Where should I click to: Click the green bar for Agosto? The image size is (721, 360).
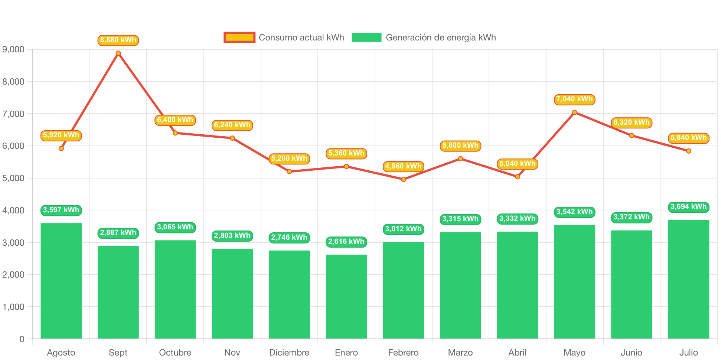coord(61,281)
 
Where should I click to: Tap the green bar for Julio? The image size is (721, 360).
coord(688,279)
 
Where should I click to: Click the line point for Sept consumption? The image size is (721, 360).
coord(118,53)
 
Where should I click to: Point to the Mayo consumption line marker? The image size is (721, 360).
coord(574,112)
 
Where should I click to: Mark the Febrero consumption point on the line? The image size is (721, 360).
coord(403,179)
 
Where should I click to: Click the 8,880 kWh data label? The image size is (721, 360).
coord(118,40)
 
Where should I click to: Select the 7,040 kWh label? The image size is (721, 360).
coord(574,99)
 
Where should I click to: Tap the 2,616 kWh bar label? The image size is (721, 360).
coord(346,242)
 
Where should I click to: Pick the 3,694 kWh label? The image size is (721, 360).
coord(688,207)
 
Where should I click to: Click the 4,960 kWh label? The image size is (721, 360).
coord(403,166)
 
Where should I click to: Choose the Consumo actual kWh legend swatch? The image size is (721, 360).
coord(239,37)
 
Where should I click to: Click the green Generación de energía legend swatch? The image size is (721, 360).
coord(366,37)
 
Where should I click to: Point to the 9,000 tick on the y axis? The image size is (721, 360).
coord(13,49)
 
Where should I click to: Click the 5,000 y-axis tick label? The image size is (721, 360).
coord(13,178)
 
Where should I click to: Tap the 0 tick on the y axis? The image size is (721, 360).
coord(22,339)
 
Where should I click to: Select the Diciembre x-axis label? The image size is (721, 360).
coord(289,353)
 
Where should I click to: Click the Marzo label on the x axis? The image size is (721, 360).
coord(460,353)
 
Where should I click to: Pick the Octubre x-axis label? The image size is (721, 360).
coord(175,353)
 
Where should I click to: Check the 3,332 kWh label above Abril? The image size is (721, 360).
coord(517,219)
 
